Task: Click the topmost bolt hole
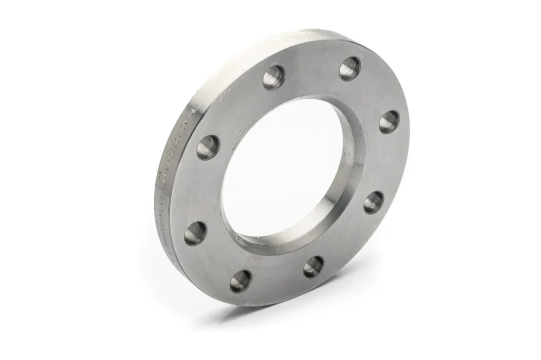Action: (x=350, y=68)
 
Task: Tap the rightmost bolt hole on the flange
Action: (x=389, y=121)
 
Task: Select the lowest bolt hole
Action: (x=241, y=281)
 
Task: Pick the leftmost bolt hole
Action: (x=195, y=234)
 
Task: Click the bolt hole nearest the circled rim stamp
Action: (x=208, y=147)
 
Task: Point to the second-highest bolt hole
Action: (x=274, y=77)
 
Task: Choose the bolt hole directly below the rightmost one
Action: (x=374, y=201)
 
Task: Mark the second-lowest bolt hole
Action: (x=314, y=266)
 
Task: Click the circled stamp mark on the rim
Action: (x=192, y=112)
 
